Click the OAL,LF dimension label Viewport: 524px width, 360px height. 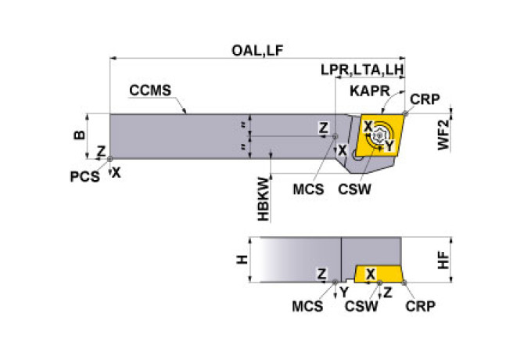tap(257, 50)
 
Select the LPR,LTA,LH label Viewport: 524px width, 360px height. tap(362, 70)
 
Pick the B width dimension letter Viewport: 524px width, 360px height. tap(79, 135)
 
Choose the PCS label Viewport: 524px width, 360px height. tap(84, 176)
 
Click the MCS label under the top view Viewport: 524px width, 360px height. tap(308, 189)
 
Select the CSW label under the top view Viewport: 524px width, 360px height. tap(354, 189)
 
